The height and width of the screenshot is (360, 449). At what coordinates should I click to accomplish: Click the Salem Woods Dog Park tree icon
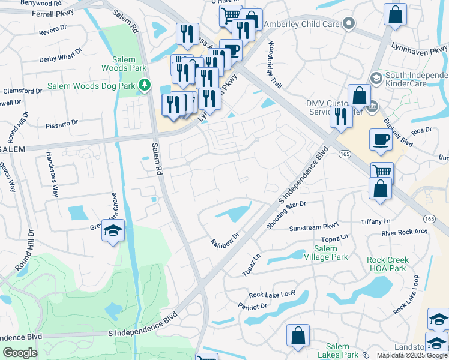pyautogui.click(x=143, y=86)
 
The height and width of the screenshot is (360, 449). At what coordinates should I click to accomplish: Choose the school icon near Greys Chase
pyautogui.click(x=112, y=232)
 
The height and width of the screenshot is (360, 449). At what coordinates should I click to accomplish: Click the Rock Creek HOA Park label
pyautogui.click(x=388, y=264)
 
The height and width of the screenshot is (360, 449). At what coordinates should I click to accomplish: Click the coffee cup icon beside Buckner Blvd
pyautogui.click(x=381, y=139)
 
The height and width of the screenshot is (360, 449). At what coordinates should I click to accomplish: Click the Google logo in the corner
pyautogui.click(x=20, y=353)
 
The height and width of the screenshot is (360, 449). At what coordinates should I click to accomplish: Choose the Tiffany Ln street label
pyautogui.click(x=376, y=221)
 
